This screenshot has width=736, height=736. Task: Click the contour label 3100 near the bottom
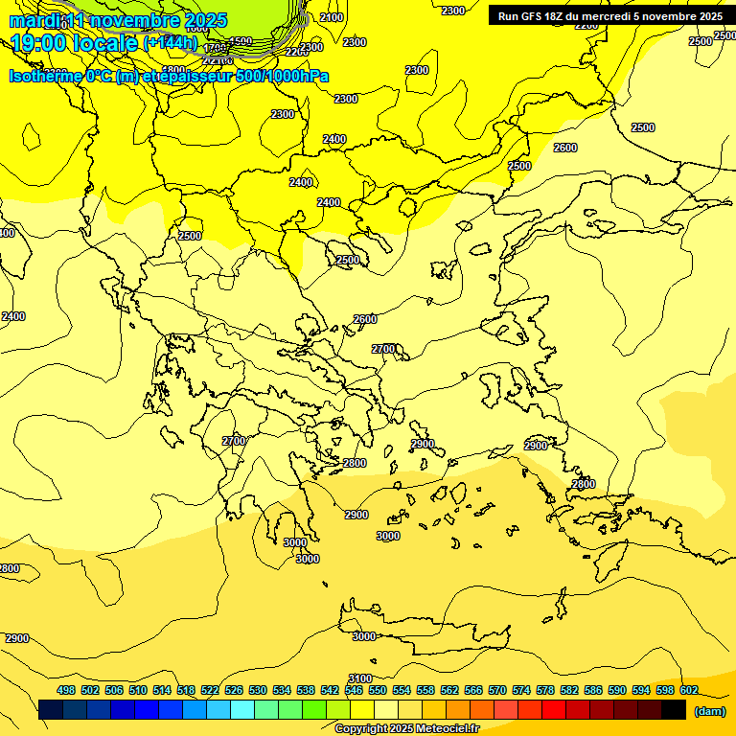[x=359, y=678]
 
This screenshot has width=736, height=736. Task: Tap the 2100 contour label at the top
[x=332, y=17]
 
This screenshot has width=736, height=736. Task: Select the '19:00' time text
[x=38, y=42]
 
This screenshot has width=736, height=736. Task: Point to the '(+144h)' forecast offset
[x=170, y=42]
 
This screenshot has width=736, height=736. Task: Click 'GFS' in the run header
[x=536, y=16]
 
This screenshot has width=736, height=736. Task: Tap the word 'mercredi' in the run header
[x=596, y=16]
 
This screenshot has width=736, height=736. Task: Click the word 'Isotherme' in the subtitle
[x=45, y=76]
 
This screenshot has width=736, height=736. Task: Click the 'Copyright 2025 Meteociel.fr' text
[x=406, y=729]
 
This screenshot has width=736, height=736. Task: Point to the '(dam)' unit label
[x=709, y=711]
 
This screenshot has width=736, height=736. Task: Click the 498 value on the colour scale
[x=66, y=690]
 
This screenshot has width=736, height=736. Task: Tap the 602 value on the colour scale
[x=689, y=690]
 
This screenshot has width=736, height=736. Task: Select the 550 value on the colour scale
[x=378, y=690]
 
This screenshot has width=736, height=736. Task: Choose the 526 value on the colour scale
[x=234, y=690]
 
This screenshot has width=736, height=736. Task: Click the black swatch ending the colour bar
[x=673, y=710]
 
